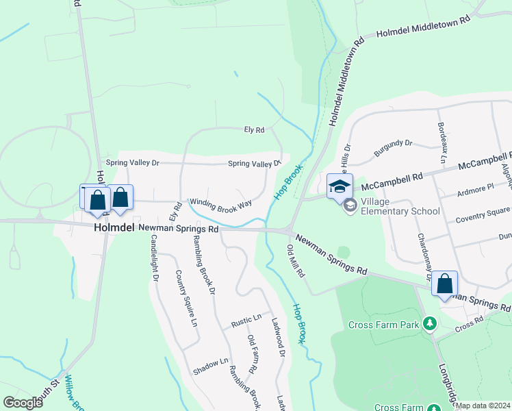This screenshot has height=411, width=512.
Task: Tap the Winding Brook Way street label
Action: pos(221,203)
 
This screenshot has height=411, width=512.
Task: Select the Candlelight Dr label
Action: pos(155,259)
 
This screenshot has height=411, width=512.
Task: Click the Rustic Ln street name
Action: pos(247,319)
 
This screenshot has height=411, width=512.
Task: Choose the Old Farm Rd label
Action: pos(252,354)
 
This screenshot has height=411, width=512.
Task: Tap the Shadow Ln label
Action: pos(210,362)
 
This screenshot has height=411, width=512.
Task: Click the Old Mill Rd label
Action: pos(296,261)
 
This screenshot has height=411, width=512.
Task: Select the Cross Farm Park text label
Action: pos(383,325)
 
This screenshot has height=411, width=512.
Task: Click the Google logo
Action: pos(23,403)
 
